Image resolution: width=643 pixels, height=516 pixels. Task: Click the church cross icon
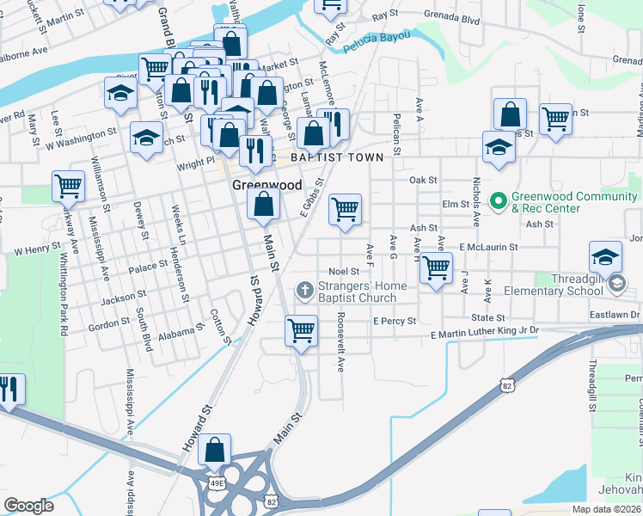tap(303, 291)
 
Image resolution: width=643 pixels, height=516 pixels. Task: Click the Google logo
tap(28, 505)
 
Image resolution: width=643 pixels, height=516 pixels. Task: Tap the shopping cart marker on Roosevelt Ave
tap(301, 329)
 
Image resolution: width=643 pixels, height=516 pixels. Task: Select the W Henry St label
tap(37, 249)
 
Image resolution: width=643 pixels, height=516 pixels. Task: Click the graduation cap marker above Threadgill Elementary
tap(605, 256)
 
